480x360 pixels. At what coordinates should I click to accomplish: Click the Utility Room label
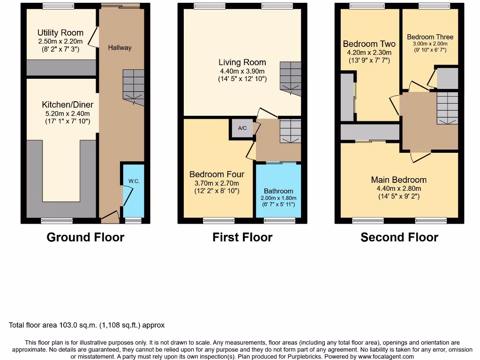[x=60, y=33]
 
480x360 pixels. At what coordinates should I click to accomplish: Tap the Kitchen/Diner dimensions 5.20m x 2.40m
[x=64, y=113]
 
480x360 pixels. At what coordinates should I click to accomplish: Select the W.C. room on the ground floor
[x=133, y=190]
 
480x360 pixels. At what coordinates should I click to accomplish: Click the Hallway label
[x=120, y=47]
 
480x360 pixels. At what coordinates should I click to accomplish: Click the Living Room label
[x=242, y=62]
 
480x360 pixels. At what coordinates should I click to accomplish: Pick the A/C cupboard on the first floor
[x=242, y=128]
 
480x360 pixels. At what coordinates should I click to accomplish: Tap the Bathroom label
[x=278, y=191]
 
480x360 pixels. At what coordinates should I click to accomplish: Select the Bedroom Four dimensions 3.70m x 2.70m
[x=217, y=183]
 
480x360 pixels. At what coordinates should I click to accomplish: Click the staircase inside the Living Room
[x=290, y=77]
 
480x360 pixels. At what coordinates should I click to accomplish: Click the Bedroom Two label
[x=369, y=44]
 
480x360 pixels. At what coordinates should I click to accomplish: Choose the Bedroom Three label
[x=430, y=37]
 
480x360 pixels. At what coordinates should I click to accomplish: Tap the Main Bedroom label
[x=398, y=180]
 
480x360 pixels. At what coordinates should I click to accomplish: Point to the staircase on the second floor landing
[x=447, y=107]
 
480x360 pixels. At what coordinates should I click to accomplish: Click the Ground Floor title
[x=85, y=237]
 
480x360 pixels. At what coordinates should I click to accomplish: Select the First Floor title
[x=242, y=237]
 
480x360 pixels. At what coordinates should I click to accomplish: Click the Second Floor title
[x=399, y=237]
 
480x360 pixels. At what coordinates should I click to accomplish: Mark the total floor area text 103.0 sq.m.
[x=87, y=325]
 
